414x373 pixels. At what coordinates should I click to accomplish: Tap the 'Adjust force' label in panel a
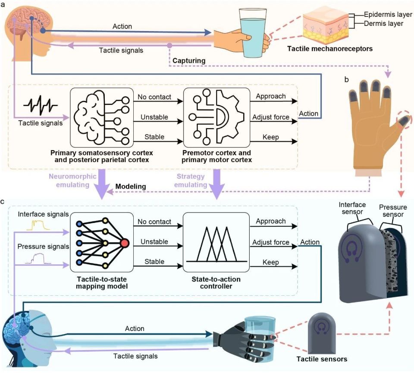271,117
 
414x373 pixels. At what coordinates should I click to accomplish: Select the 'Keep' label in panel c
271,262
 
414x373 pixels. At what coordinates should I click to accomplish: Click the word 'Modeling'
131,186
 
